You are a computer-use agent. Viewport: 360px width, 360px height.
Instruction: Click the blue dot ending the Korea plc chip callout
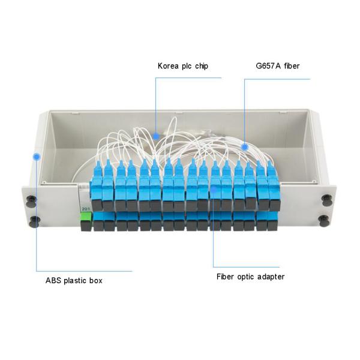point(155,136)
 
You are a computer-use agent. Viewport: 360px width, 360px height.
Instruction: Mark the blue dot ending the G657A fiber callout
point(245,146)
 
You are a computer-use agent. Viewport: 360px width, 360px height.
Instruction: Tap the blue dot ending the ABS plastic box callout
point(37,157)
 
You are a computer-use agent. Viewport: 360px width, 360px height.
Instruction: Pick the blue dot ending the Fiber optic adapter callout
point(214,189)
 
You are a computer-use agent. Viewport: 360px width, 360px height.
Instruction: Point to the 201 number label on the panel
point(85,208)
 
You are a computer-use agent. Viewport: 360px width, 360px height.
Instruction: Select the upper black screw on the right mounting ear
point(325,199)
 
